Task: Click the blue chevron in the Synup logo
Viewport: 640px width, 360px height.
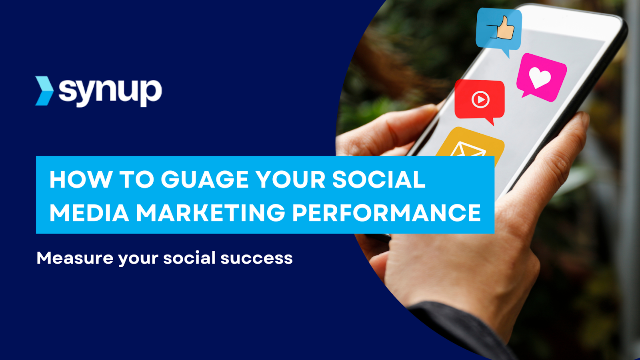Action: coord(44,91)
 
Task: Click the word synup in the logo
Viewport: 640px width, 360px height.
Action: coord(110,91)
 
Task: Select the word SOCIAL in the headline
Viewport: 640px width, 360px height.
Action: coord(378,179)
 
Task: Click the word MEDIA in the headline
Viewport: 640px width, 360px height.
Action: coord(89,213)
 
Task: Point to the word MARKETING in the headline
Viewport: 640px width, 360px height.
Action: coord(210,213)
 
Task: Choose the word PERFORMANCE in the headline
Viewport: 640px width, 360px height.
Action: coord(386,213)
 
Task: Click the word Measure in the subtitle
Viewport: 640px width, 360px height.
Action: coord(75,258)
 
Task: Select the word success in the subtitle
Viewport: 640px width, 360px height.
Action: coord(256,258)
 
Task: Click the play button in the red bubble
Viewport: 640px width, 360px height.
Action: coord(480,99)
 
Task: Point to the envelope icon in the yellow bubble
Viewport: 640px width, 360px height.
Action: coord(468,150)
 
